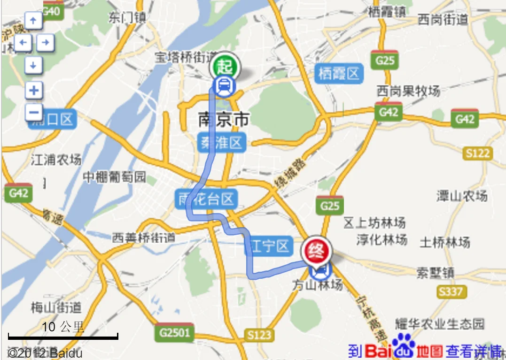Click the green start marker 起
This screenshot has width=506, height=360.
pyautogui.click(x=225, y=66)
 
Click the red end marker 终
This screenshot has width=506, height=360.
pyautogui.click(x=317, y=251)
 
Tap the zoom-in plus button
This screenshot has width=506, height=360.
pyautogui.click(x=33, y=90)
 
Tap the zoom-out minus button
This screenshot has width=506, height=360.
pyautogui.click(x=33, y=112)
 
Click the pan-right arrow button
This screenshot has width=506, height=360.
pyautogui.click(x=45, y=43)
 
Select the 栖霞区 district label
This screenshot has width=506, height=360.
pyautogui.click(x=339, y=73)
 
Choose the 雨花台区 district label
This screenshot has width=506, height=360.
pyautogui.click(x=206, y=199)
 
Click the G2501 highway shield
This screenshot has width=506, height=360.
pyautogui.click(x=174, y=332)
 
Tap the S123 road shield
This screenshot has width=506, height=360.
pyautogui.click(x=259, y=335)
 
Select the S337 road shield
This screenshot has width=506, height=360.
pyautogui.click(x=451, y=291)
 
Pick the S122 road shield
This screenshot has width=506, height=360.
pyautogui.click(x=478, y=153)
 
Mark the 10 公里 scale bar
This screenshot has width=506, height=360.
pyautogui.click(x=63, y=336)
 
